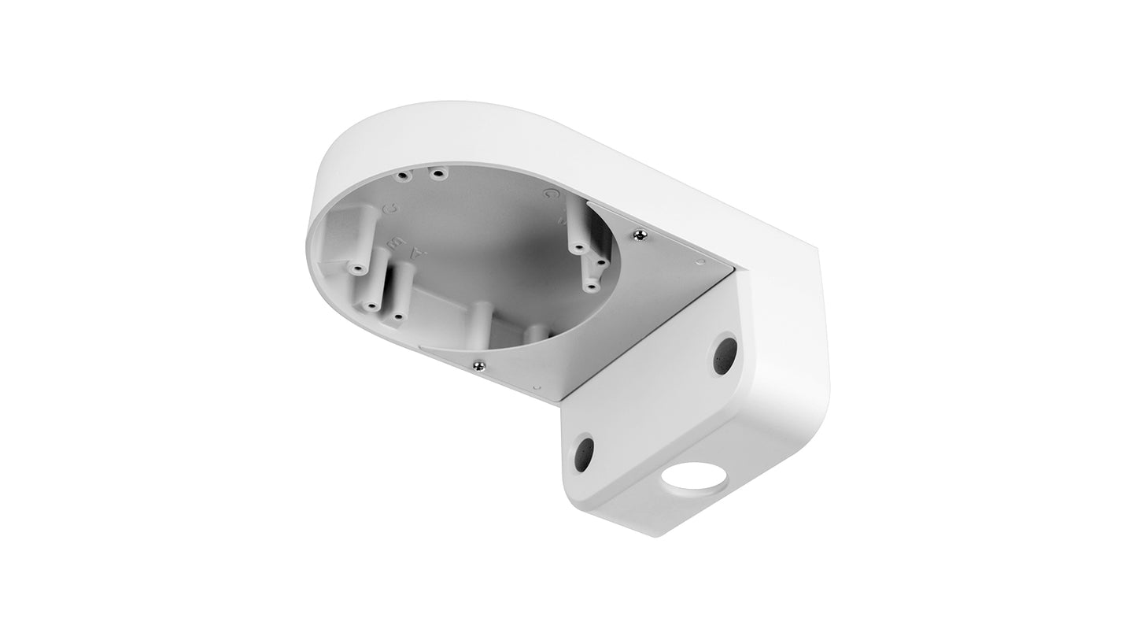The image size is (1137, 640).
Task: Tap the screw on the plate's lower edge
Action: tap(478, 363)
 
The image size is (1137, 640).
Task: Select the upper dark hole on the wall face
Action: tap(725, 356)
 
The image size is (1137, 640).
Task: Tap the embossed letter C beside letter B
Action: tap(390, 209)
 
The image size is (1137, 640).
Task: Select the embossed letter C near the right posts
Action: tap(550, 193)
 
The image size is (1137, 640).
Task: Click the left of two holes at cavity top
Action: tap(403, 175)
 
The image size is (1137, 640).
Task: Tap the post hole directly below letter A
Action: tap(398, 316)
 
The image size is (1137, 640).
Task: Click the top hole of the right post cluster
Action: tap(578, 248)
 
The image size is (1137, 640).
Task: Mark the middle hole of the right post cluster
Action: tap(600, 259)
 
